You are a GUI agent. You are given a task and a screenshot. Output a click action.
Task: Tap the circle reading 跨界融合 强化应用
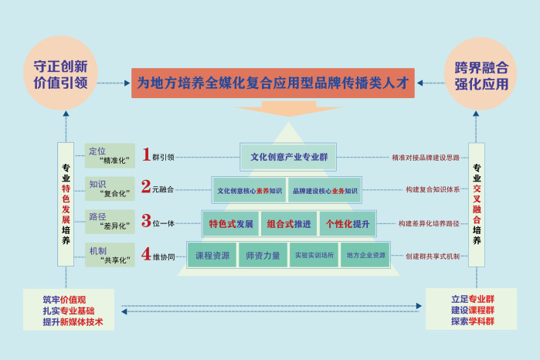[481, 73]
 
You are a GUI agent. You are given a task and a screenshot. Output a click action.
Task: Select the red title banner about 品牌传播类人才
[272, 82]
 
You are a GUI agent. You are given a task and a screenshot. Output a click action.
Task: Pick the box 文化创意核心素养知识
[250, 190]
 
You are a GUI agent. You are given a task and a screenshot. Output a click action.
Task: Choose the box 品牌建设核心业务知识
[324, 190]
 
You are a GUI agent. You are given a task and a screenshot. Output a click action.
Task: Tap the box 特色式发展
[231, 223]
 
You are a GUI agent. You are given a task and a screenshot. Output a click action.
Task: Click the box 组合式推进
[289, 223]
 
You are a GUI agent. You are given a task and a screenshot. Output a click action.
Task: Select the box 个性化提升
[347, 223]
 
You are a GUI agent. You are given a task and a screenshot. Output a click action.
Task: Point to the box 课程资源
[212, 255]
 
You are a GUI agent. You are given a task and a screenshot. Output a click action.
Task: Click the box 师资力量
[262, 255]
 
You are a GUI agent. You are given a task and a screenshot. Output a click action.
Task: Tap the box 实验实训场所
[314, 255]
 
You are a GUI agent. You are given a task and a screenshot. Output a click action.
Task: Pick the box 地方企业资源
[365, 255]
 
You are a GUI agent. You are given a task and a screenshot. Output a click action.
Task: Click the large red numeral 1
[146, 155]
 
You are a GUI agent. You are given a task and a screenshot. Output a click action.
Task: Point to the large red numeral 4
[146, 254]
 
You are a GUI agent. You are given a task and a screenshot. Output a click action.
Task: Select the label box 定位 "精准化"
[107, 155]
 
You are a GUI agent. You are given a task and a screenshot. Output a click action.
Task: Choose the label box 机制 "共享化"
[107, 255]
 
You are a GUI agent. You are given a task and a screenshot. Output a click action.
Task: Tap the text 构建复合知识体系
[433, 189]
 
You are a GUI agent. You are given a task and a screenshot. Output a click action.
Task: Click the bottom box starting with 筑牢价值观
[69, 309]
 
